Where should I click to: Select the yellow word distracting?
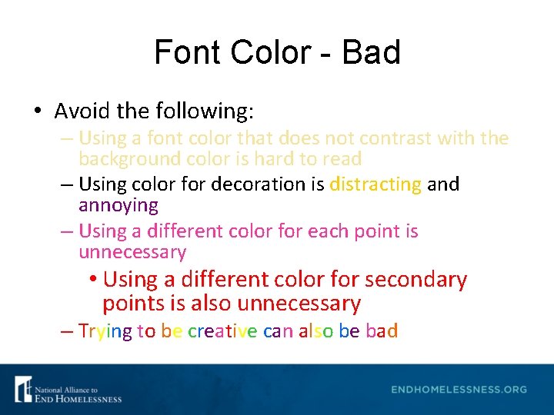pyautogui.click(x=375, y=184)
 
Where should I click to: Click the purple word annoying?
pyautogui.click(x=118, y=205)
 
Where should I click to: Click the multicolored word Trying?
pyautogui.click(x=105, y=331)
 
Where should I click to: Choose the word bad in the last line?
pyautogui.click(x=382, y=331)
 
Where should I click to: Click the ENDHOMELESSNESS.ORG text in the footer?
pyautogui.click(x=459, y=389)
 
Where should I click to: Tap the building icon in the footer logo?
pyautogui.click(x=23, y=389)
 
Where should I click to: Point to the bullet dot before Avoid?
pyautogui.click(x=38, y=112)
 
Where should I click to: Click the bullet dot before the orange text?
pyautogui.click(x=92, y=280)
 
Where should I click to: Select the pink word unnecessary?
pyautogui.click(x=132, y=252)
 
